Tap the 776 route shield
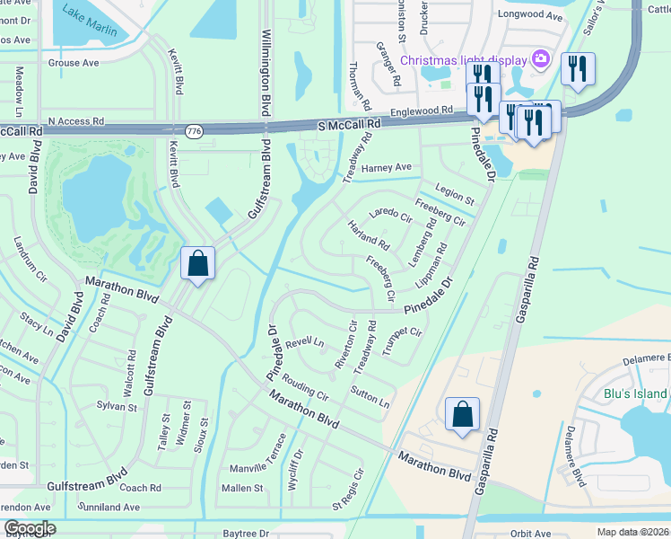pyautogui.click(x=193, y=132)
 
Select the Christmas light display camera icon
pyautogui.click(x=540, y=59)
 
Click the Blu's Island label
pyautogui.click(x=635, y=393)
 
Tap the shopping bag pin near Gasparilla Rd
pyautogui.click(x=462, y=415)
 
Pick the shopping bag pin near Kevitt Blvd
pyautogui.click(x=198, y=264)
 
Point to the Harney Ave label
pyautogui.click(x=387, y=168)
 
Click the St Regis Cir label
pyautogui.click(x=349, y=486)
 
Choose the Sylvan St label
pyautogui.click(x=117, y=407)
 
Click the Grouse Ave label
pyautogui.click(x=73, y=63)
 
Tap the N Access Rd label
pyautogui.click(x=76, y=120)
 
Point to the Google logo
pyautogui.click(x=29, y=528)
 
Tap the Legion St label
pyautogui.click(x=453, y=194)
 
